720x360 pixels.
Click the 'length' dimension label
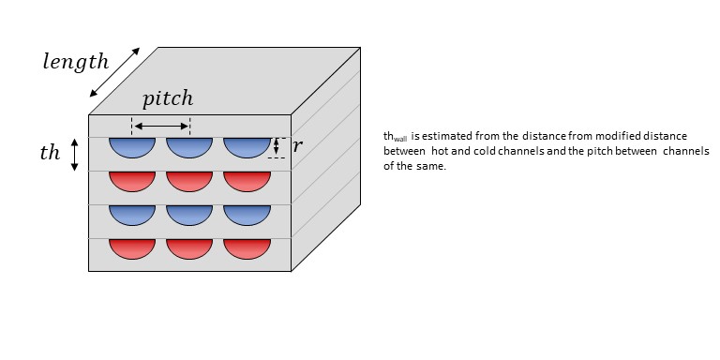[x=76, y=62]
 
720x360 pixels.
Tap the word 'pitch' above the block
[x=168, y=98]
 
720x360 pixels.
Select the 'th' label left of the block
[x=50, y=153]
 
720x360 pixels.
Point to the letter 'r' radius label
[x=297, y=146]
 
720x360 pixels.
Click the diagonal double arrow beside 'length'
[x=114, y=72]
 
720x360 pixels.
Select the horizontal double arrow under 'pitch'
[x=161, y=126]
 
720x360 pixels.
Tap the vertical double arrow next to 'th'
[x=74, y=155]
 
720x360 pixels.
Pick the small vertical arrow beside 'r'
[x=276, y=146]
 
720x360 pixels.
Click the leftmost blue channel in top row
[x=132, y=147]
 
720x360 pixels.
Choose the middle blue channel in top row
[x=189, y=147]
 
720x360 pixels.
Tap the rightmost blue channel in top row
[x=247, y=147]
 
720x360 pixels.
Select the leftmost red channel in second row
[x=132, y=181]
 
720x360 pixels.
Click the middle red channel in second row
[x=189, y=181]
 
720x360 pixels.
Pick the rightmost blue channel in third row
[x=247, y=215]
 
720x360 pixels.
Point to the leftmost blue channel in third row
[x=132, y=215]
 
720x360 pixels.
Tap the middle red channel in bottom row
[x=189, y=248]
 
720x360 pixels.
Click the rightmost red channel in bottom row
[x=247, y=248]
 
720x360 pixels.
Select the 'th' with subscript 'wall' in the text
[x=396, y=137]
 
